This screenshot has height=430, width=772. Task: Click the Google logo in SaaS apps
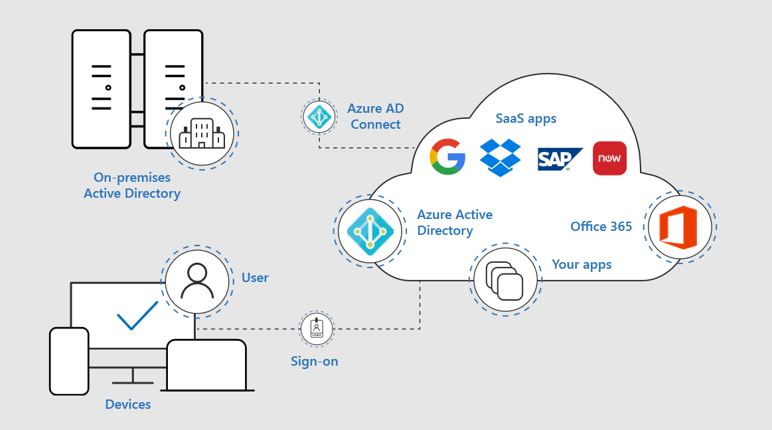[x=447, y=158]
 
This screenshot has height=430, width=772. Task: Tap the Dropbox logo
[x=501, y=158]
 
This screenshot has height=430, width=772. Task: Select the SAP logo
[x=560, y=159]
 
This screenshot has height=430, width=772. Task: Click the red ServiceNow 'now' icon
[x=609, y=159]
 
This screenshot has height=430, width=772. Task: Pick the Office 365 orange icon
[x=678, y=226]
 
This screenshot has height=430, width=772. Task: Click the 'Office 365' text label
[x=601, y=227]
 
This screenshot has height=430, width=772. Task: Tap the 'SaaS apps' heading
[x=526, y=119]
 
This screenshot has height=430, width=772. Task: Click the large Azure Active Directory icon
[x=370, y=232]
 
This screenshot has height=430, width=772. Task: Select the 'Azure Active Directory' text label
[x=455, y=223]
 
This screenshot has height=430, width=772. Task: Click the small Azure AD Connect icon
[x=319, y=116]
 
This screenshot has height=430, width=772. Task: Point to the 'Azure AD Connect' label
[x=376, y=116]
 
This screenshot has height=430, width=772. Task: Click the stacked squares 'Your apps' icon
[x=504, y=279]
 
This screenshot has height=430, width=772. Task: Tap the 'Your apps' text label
[x=581, y=265]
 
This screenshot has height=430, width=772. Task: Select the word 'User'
[x=255, y=278]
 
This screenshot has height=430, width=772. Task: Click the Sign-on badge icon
[x=317, y=328]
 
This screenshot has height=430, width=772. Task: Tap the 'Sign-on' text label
[x=314, y=362]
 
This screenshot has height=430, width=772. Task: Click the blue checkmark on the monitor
[x=137, y=315]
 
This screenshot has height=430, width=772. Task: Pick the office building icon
[x=202, y=133]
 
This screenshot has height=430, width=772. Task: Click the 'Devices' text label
[x=128, y=404]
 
